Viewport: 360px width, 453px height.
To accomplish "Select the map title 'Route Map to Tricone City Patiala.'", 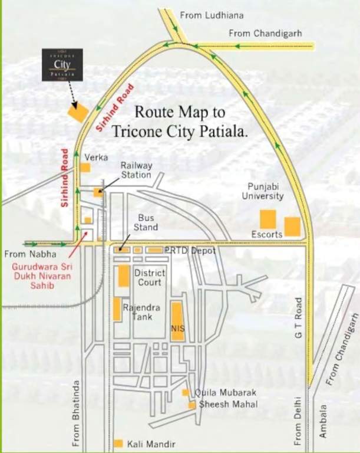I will [191, 121].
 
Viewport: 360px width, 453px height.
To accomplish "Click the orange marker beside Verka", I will [85, 168].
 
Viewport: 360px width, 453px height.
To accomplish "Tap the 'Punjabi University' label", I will [262, 191].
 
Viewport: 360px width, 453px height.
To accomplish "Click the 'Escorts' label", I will [266, 234].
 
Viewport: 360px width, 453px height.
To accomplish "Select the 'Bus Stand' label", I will [146, 222].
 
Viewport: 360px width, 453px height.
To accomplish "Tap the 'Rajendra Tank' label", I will [137, 312].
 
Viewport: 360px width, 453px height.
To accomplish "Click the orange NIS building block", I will [177, 321].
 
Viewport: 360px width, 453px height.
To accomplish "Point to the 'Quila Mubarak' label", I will [219, 393].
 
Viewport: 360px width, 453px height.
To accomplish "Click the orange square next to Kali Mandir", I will [118, 443].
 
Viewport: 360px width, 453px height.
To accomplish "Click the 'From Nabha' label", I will [31, 255].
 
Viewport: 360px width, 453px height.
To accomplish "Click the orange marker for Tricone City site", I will [78, 113].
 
